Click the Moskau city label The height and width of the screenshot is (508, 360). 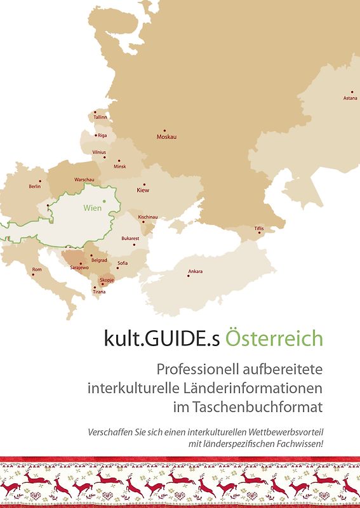[x=166, y=137]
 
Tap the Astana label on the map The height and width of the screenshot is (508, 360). [x=350, y=98]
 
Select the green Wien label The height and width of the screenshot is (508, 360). [x=92, y=208]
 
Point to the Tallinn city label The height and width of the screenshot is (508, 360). [x=100, y=117]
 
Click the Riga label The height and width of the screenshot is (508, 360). [x=102, y=135]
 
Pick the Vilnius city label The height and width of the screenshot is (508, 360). [x=99, y=152]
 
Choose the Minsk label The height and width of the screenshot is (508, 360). [x=120, y=166]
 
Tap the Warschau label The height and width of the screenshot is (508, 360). [x=84, y=180]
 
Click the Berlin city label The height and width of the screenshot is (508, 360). [x=35, y=187]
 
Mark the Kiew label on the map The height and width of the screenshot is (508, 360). [x=143, y=190]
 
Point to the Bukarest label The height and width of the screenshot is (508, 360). [x=130, y=238]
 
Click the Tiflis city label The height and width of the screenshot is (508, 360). [x=259, y=228]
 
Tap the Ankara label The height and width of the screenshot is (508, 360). [x=196, y=272]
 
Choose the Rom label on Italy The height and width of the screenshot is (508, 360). [x=37, y=270]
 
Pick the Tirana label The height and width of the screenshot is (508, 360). [x=99, y=291]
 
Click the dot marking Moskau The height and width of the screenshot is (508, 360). [x=164, y=130]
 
